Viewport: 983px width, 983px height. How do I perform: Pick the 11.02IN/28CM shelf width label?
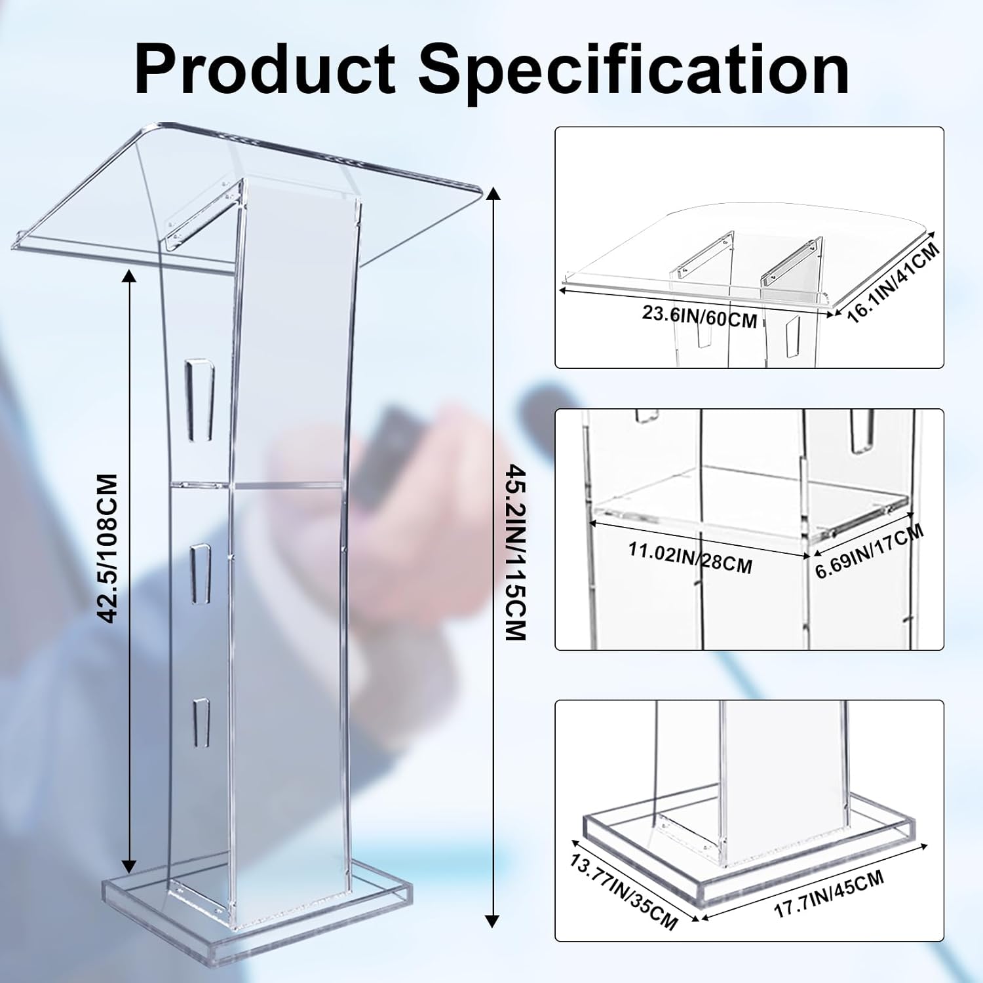pyautogui.click(x=690, y=556)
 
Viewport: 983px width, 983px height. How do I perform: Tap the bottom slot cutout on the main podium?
pyautogui.click(x=201, y=723)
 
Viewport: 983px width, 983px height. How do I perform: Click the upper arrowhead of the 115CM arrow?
pyautogui.click(x=493, y=193)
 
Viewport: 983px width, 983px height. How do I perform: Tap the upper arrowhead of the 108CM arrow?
pyautogui.click(x=130, y=277)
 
